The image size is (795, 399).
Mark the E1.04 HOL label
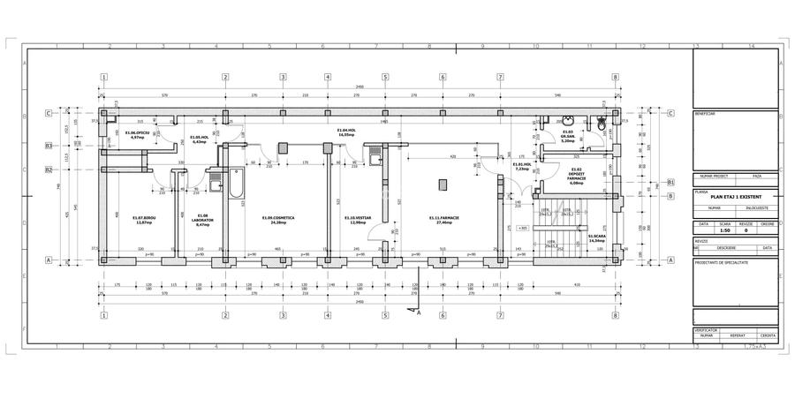tap(346, 132)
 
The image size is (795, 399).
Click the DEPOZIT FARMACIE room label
tap(577, 177)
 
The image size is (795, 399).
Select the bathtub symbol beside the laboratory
tap(236, 184)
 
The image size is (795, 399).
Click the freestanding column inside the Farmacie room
tap(447, 184)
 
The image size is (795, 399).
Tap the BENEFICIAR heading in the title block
tap(706, 114)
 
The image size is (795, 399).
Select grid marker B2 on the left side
tap(50, 169)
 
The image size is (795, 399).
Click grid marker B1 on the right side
tap(670, 183)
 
